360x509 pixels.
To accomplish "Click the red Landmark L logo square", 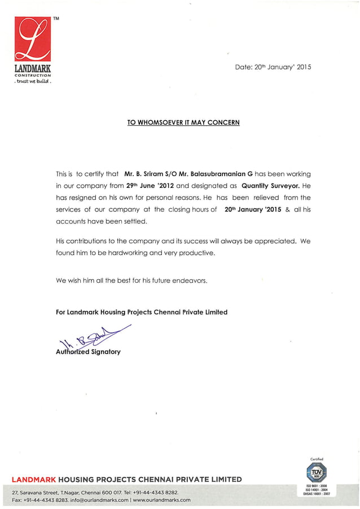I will tap(33, 39).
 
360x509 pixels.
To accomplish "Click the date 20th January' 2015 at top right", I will tap(273, 67).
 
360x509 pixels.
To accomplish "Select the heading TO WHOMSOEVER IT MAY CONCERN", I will tap(183, 122).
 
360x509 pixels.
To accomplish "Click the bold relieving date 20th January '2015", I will tap(253, 209).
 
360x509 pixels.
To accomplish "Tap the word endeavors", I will tap(189, 280).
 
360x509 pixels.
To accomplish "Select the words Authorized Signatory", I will tap(88, 352).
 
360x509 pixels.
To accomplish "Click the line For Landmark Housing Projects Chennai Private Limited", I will tap(142, 311).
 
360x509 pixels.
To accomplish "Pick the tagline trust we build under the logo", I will tap(32, 81).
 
